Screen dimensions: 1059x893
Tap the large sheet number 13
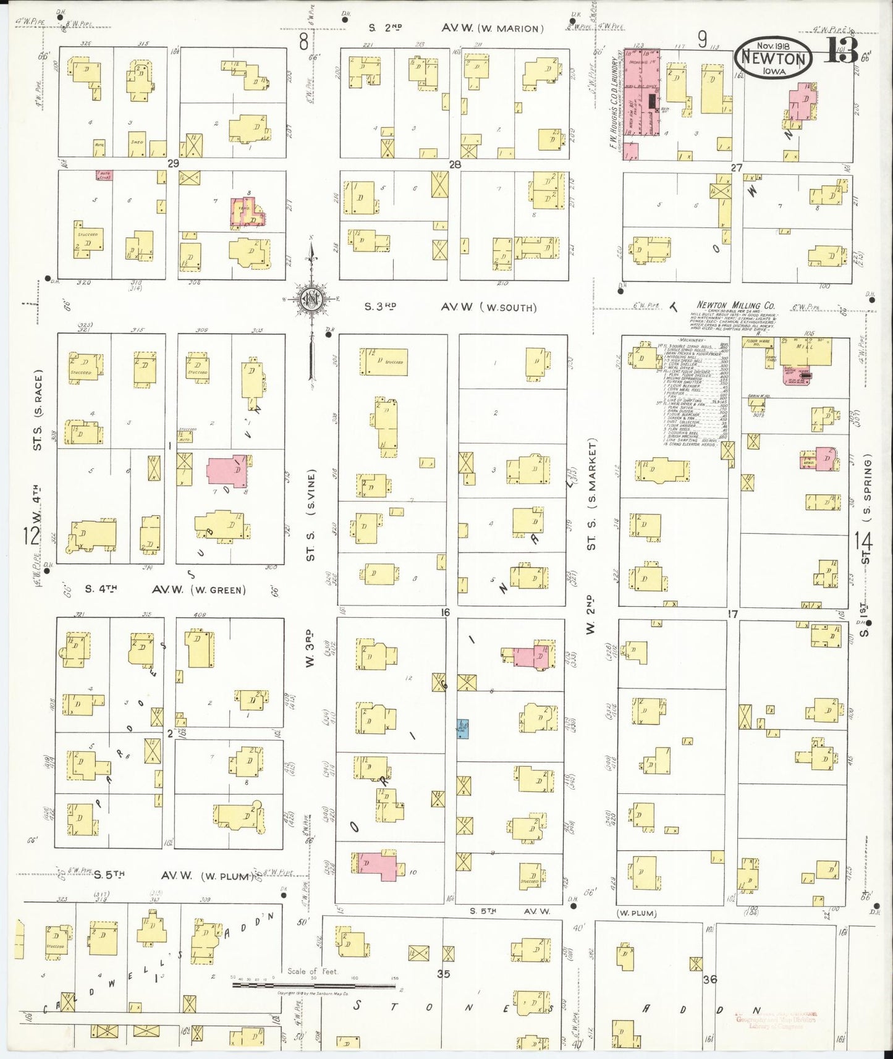[840, 53]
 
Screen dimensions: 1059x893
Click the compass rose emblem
[312, 300]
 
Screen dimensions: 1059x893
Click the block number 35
[442, 974]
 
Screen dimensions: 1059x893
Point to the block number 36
[709, 979]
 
